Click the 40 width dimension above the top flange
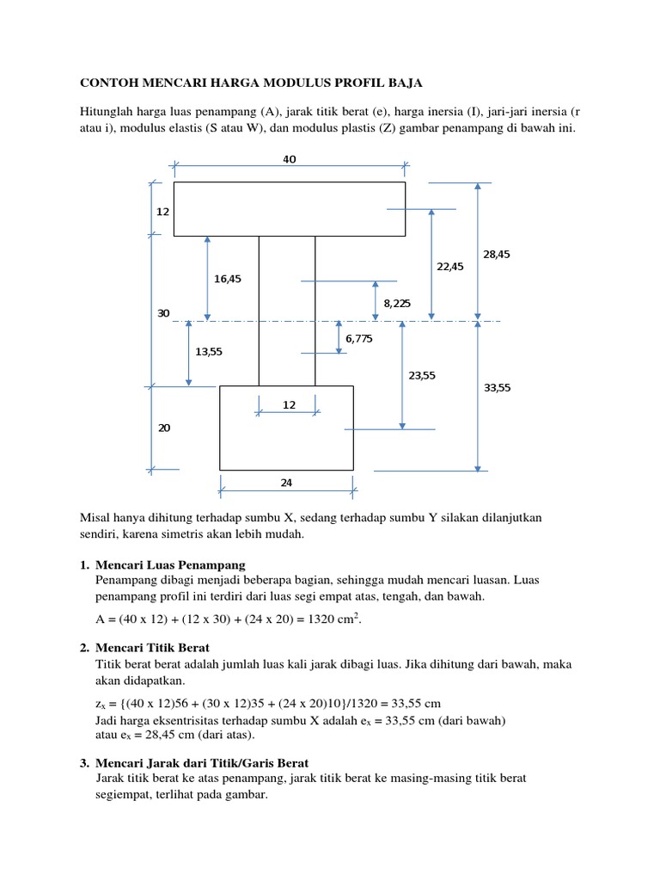coord(289,159)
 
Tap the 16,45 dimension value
coord(228,279)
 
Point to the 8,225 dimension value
coord(398,303)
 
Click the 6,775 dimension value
coord(359,339)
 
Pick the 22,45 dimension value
coord(449,267)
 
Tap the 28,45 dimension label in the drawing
coord(497,255)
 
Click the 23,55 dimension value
coord(422,375)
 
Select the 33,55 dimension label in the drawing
coord(497,388)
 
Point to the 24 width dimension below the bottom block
coord(286,483)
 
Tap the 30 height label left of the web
coord(163,313)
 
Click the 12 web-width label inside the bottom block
coord(289,404)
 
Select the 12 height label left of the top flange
coord(163,211)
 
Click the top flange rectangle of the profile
coord(289,208)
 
